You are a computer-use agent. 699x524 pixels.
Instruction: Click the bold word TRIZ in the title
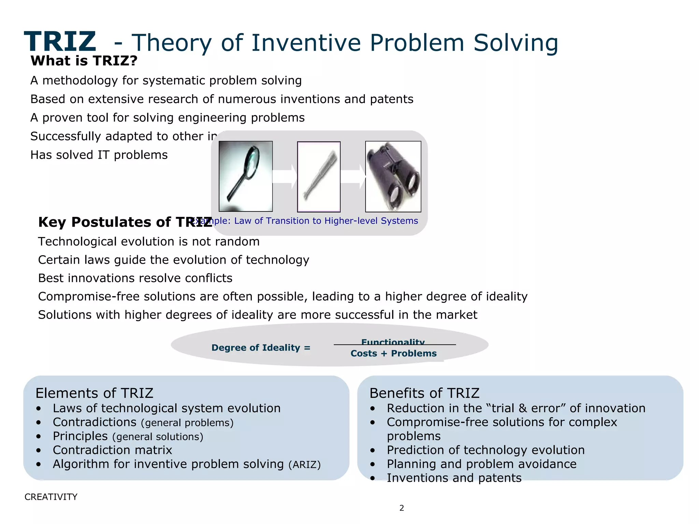pyautogui.click(x=60, y=42)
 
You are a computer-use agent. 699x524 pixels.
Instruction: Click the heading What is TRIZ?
pyautogui.click(x=84, y=61)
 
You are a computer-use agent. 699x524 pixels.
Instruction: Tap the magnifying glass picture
pyautogui.click(x=245, y=176)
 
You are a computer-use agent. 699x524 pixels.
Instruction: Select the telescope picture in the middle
pyautogui.click(x=319, y=177)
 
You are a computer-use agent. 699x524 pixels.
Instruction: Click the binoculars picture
pyautogui.click(x=393, y=176)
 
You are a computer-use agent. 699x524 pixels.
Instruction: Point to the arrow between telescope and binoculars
pyautogui.click(x=353, y=177)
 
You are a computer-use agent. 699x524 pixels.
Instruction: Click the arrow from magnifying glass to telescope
pyautogui.click(x=285, y=177)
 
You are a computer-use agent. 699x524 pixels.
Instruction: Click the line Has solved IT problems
pyautogui.click(x=99, y=155)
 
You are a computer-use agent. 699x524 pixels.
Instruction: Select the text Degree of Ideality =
pyautogui.click(x=261, y=348)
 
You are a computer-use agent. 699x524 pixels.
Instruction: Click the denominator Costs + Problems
pyautogui.click(x=394, y=353)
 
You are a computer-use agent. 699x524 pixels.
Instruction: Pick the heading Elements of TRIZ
pyautogui.click(x=94, y=393)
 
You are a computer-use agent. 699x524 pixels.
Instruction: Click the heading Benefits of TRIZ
pyautogui.click(x=424, y=393)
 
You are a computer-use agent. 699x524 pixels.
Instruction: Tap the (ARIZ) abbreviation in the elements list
pyautogui.click(x=304, y=465)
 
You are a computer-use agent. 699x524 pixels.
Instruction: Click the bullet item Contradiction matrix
pyautogui.click(x=112, y=450)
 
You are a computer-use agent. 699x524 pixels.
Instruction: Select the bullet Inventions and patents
pyautogui.click(x=454, y=478)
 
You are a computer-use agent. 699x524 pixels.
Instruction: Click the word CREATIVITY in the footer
pyautogui.click(x=51, y=497)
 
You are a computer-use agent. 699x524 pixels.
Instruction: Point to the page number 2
pyautogui.click(x=402, y=508)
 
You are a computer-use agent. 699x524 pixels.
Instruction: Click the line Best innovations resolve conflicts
pyautogui.click(x=135, y=278)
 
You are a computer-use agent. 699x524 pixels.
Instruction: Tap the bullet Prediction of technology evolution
pyautogui.click(x=485, y=450)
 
